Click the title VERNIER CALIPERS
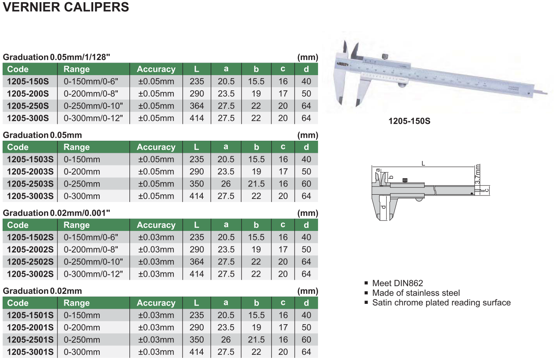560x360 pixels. click(x=66, y=7)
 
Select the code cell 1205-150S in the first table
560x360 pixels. click(x=28, y=81)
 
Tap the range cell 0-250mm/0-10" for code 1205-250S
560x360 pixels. click(x=93, y=106)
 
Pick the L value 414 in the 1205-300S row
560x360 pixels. click(x=197, y=118)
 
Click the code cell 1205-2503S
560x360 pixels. click(x=30, y=184)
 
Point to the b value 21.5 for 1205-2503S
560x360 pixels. click(x=256, y=184)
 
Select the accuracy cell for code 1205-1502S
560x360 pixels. click(x=156, y=237)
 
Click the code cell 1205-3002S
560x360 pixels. click(x=30, y=274)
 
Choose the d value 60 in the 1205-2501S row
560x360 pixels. click(x=306, y=339)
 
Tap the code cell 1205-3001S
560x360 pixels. click(x=30, y=352)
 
